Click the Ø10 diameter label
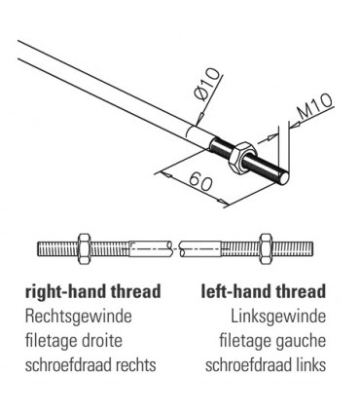pos(208,85)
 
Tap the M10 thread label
pos(315,106)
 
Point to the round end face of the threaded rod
pos(284,178)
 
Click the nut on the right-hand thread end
pos(85,248)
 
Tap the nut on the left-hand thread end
pos(267,248)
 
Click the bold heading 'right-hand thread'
pos(93,291)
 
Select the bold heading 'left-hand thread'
pos(264,291)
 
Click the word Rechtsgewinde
pos(79,317)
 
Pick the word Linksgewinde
pos(278,317)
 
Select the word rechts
pos(136,365)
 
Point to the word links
pos(309,365)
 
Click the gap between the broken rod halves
pos(175,248)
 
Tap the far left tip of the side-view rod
pos(38,248)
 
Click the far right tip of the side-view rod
pos(313,248)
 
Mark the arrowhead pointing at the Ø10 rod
pos(199,118)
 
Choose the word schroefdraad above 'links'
pos(247,365)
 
